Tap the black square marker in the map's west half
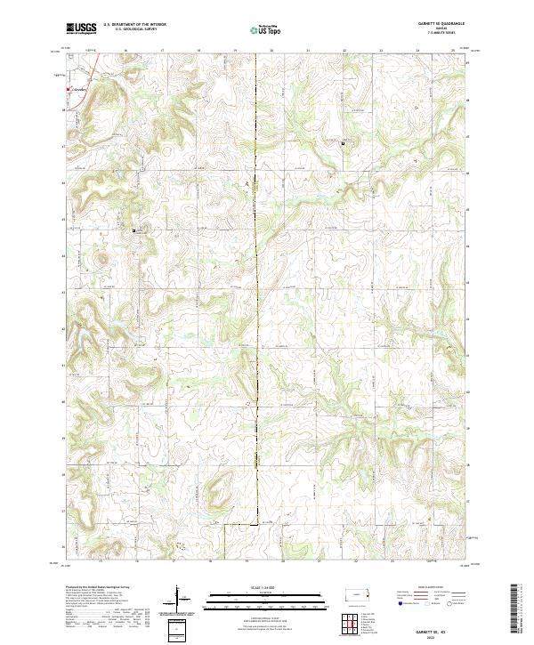135,230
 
